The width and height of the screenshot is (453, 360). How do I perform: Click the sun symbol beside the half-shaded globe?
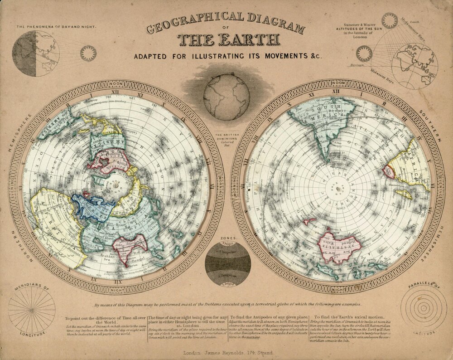pyautogui.click(x=88, y=54)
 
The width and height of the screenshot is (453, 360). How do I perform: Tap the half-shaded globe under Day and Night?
pyautogui.click(x=36, y=54)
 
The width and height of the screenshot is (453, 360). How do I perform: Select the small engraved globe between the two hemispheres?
pyautogui.click(x=226, y=96)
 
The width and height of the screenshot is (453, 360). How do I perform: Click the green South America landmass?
pyautogui.click(x=324, y=127)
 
